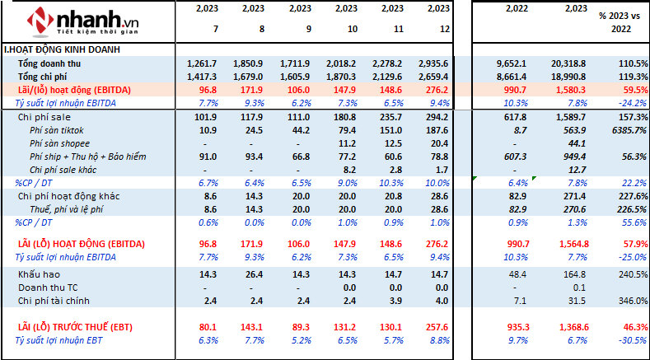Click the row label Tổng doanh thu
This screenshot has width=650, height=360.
click(x=49, y=63)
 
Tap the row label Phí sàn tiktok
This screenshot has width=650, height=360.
click(x=56, y=130)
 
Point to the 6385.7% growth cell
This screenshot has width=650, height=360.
click(x=621, y=130)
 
